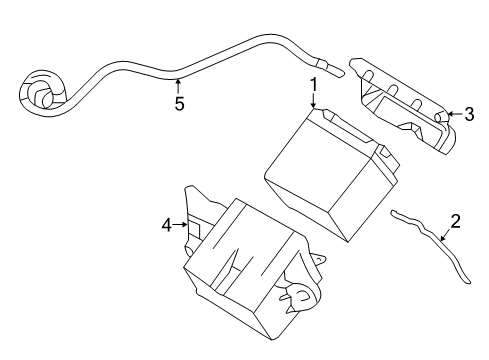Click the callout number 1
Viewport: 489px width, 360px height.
[314, 85]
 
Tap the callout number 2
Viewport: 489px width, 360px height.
[455, 221]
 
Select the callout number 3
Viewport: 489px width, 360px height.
[469, 114]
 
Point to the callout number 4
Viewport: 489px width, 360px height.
[167, 225]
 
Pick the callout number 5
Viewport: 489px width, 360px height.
[179, 104]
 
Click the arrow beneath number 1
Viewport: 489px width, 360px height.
[313, 101]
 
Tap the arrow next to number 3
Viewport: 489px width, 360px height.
[455, 114]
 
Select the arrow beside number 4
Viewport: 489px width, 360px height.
[180, 225]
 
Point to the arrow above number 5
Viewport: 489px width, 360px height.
[178, 86]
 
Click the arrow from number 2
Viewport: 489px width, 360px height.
[446, 235]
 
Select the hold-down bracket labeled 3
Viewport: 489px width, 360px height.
[402, 105]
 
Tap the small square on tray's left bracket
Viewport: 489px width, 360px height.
[194, 231]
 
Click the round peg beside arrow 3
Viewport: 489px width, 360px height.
[440, 116]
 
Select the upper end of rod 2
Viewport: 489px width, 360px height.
[393, 213]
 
